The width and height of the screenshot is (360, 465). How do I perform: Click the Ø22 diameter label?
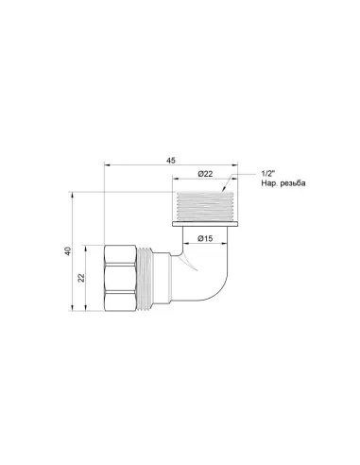click(204, 177)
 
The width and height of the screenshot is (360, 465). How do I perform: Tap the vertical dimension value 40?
click(67, 252)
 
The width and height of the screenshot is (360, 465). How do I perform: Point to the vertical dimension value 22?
click(81, 279)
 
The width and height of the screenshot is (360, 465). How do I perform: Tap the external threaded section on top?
click(204, 208)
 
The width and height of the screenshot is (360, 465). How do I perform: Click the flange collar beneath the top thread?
click(204, 226)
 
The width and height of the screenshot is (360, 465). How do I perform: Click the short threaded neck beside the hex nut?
click(147, 278)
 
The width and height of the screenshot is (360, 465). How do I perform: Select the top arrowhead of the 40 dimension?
click(74, 195)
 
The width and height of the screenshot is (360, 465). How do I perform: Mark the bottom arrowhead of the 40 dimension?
click(74, 310)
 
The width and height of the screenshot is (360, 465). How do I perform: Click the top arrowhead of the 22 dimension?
click(88, 249)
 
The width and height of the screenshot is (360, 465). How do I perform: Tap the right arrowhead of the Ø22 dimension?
click(230, 182)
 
